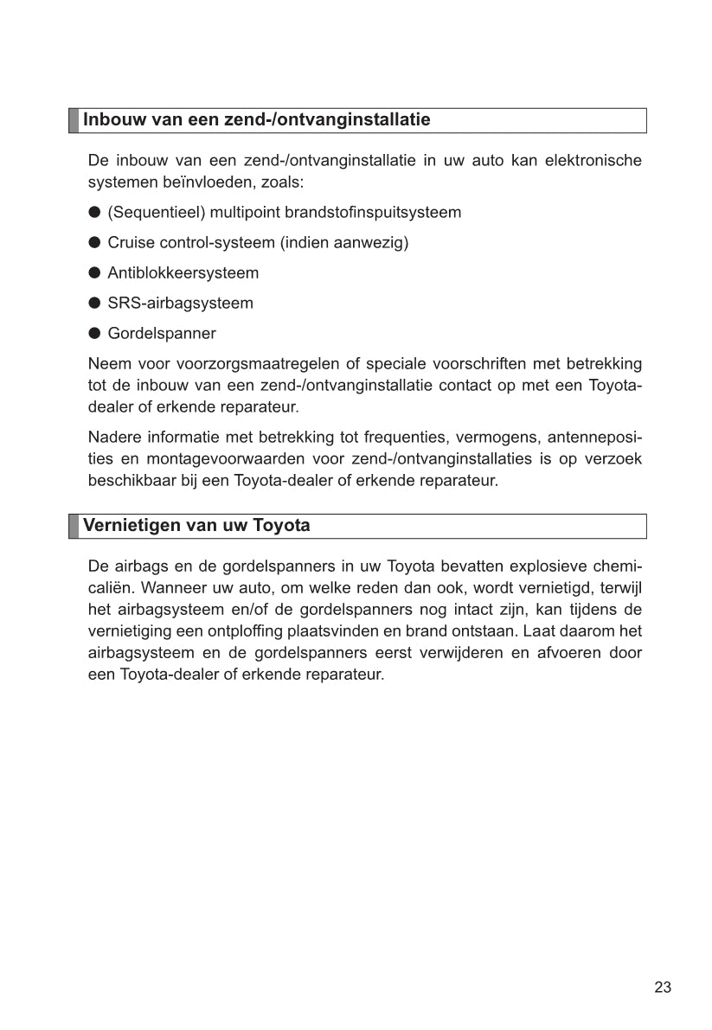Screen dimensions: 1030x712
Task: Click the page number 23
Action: tap(663, 988)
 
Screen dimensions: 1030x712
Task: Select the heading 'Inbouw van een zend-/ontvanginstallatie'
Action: tap(256, 119)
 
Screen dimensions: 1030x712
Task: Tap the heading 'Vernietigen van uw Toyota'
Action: tap(196, 526)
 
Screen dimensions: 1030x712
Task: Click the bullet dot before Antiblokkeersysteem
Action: tap(95, 273)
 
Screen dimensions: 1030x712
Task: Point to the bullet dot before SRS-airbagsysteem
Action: tap(95, 304)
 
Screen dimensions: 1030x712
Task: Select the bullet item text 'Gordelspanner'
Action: tap(162, 334)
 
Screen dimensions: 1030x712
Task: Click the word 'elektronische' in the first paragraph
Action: tap(593, 162)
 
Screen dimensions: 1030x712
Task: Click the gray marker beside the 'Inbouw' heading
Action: tap(74, 120)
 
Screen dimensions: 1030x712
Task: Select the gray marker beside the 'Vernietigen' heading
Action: tap(74, 526)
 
